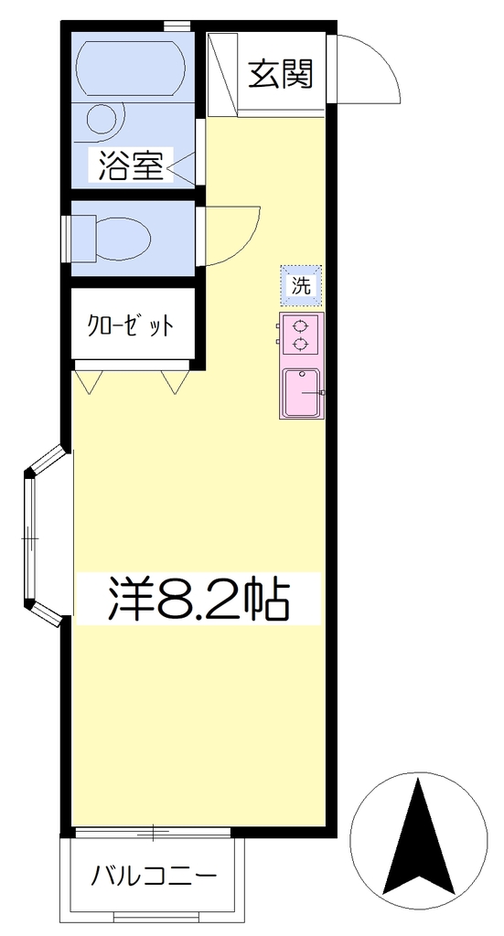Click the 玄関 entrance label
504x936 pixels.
(280, 74)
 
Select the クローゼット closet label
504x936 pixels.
(131, 326)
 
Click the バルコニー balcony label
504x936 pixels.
(154, 877)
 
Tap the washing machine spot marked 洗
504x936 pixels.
(301, 286)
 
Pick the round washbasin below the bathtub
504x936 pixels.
(105, 119)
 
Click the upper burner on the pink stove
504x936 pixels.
(300, 326)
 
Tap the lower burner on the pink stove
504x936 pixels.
(300, 344)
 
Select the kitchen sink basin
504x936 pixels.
(302, 393)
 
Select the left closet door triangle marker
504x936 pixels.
(89, 382)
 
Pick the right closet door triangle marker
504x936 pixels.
(176, 382)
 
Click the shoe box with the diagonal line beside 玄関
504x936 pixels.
(222, 73)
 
